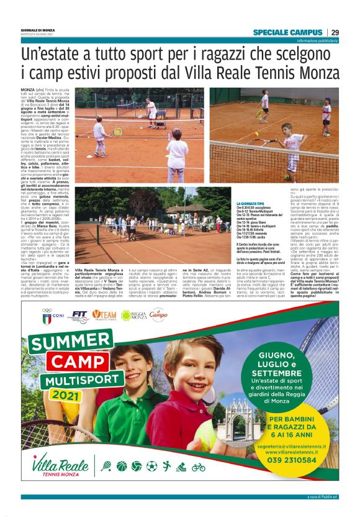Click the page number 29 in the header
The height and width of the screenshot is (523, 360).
(x=335, y=32)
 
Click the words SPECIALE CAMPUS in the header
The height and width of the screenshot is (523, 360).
(x=288, y=32)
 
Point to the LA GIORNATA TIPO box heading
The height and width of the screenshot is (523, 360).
(x=253, y=203)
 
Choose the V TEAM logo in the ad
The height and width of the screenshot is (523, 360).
(x=104, y=315)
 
